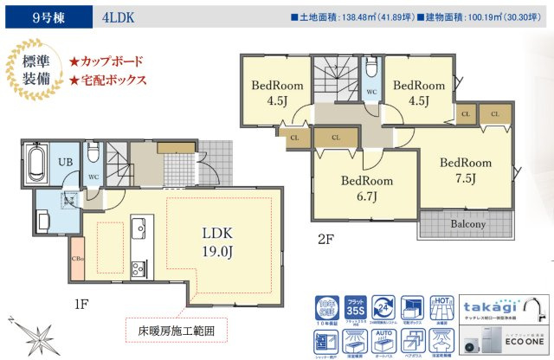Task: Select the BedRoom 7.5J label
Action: coord(464,170)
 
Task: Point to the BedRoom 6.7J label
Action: coord(365,190)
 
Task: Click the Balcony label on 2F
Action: coord(467,225)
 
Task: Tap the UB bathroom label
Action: coord(64,162)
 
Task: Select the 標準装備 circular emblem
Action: coord(32,70)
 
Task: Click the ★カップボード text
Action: coord(106,61)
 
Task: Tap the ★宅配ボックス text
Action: coord(107,80)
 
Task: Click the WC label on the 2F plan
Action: coord(370,90)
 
